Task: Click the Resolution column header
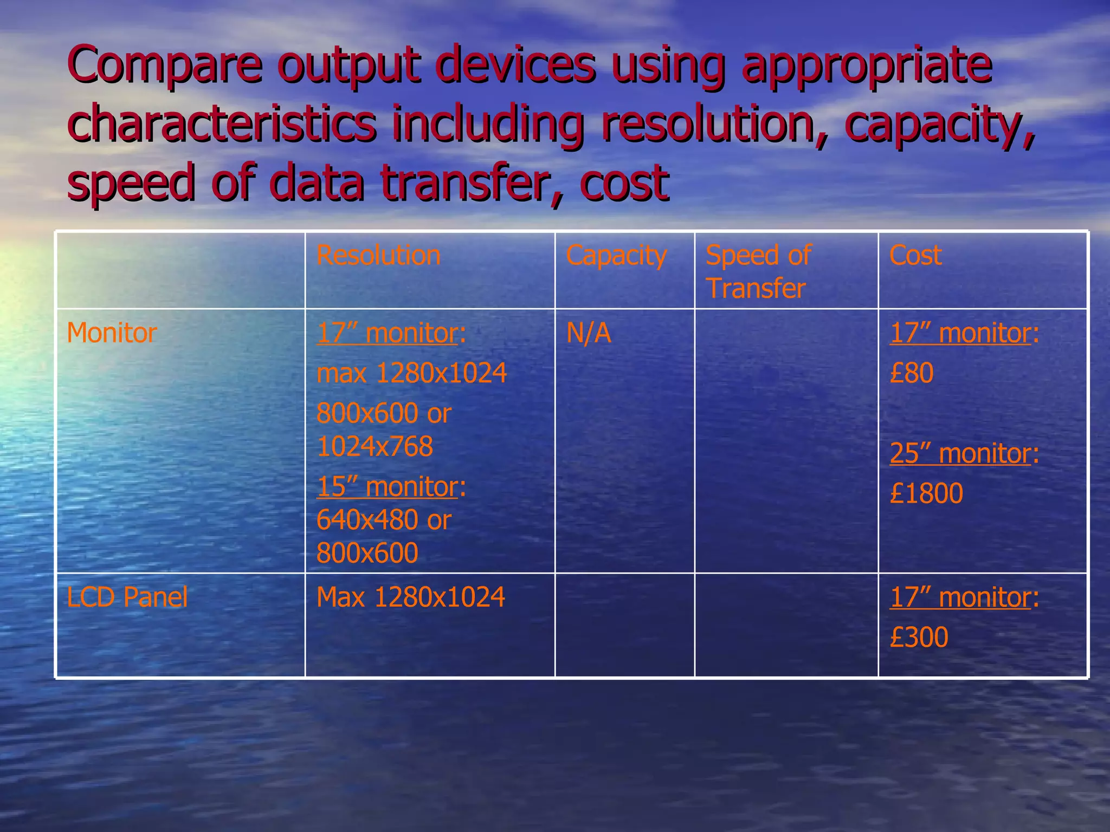point(378,255)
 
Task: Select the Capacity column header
point(616,255)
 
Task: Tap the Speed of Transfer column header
point(758,271)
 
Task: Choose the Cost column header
point(915,255)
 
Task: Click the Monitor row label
point(112,333)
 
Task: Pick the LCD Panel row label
point(127,597)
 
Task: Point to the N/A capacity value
point(589,333)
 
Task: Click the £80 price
point(912,373)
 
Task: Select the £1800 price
point(926,493)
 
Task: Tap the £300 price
point(919,637)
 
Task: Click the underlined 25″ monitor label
point(960,453)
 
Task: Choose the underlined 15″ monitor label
point(388,486)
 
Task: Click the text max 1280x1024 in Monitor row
point(411,373)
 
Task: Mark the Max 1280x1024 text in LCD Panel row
point(410,597)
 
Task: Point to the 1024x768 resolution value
point(375,446)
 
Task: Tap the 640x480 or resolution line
point(384,520)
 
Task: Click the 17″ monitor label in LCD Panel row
point(960,597)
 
